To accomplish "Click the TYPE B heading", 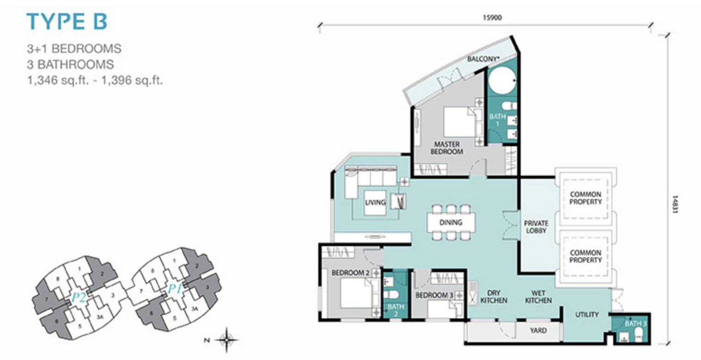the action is pyautogui.click(x=67, y=21).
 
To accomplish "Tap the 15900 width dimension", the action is pyautogui.click(x=492, y=18).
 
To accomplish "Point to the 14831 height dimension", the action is pyautogui.click(x=676, y=205).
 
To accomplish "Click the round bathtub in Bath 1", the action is pyautogui.click(x=502, y=81).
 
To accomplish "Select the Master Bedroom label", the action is pyautogui.click(x=447, y=148).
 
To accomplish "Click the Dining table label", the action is pyautogui.click(x=451, y=222).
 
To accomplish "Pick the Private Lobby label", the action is pyautogui.click(x=536, y=227).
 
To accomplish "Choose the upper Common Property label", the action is pyautogui.click(x=585, y=198).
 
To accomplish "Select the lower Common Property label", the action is pyautogui.click(x=585, y=256).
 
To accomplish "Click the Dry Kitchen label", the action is pyautogui.click(x=494, y=297).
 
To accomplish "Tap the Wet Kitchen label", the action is pyautogui.click(x=538, y=297).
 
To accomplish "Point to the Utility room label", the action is pyautogui.click(x=587, y=315).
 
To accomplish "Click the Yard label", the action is pyautogui.click(x=538, y=330).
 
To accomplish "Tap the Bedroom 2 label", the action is pyautogui.click(x=350, y=273).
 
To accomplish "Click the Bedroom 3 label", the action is pyautogui.click(x=434, y=295).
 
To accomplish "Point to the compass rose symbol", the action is pyautogui.click(x=227, y=340).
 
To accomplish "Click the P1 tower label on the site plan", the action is pyautogui.click(x=175, y=289).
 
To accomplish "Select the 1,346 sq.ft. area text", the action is pyautogui.click(x=59, y=81).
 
